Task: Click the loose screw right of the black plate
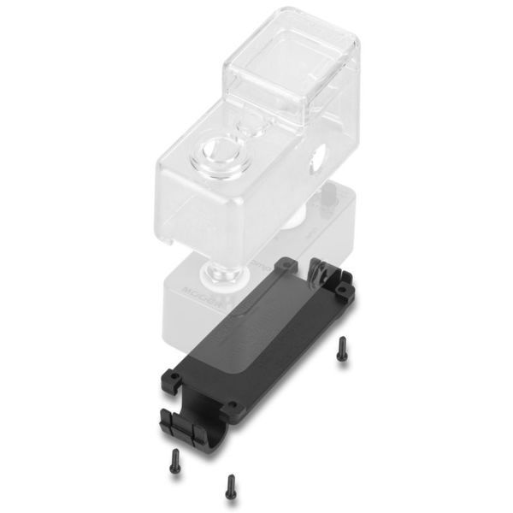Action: click(x=341, y=347)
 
